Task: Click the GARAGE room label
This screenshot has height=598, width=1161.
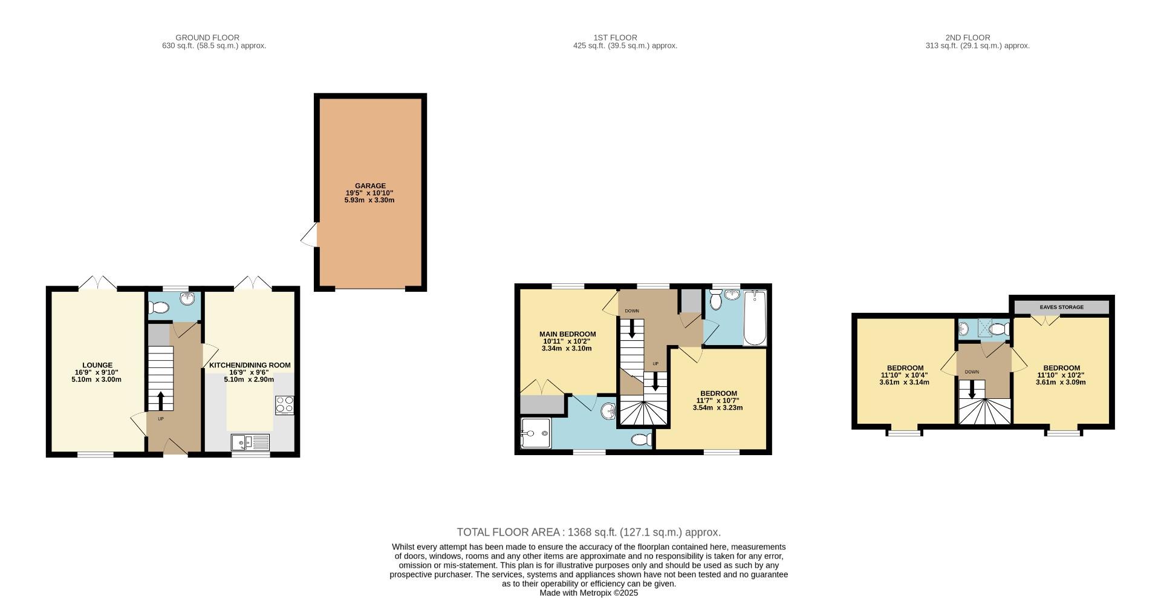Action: pyautogui.click(x=370, y=186)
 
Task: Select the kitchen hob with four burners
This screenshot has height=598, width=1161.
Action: pyautogui.click(x=284, y=404)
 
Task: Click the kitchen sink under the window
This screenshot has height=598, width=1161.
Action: pyautogui.click(x=250, y=443)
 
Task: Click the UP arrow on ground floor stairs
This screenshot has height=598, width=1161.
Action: pyautogui.click(x=161, y=401)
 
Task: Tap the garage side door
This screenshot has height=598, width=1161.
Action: pyautogui.click(x=310, y=235)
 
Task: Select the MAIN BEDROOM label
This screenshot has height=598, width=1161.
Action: pyautogui.click(x=567, y=334)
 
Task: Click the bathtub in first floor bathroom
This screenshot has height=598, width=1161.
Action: pyautogui.click(x=755, y=318)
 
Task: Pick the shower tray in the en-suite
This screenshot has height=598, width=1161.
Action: pyautogui.click(x=535, y=433)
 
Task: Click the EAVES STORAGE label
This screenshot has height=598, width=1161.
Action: pyautogui.click(x=1061, y=307)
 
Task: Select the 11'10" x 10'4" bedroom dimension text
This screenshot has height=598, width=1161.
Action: pyautogui.click(x=904, y=375)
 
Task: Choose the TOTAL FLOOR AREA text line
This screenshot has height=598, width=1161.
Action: pyautogui.click(x=588, y=533)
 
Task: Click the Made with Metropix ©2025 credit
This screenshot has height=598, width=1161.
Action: pyautogui.click(x=588, y=593)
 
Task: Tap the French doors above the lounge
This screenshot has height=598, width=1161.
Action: pyautogui.click(x=97, y=283)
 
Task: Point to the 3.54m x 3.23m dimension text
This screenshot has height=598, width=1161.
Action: pyautogui.click(x=717, y=408)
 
